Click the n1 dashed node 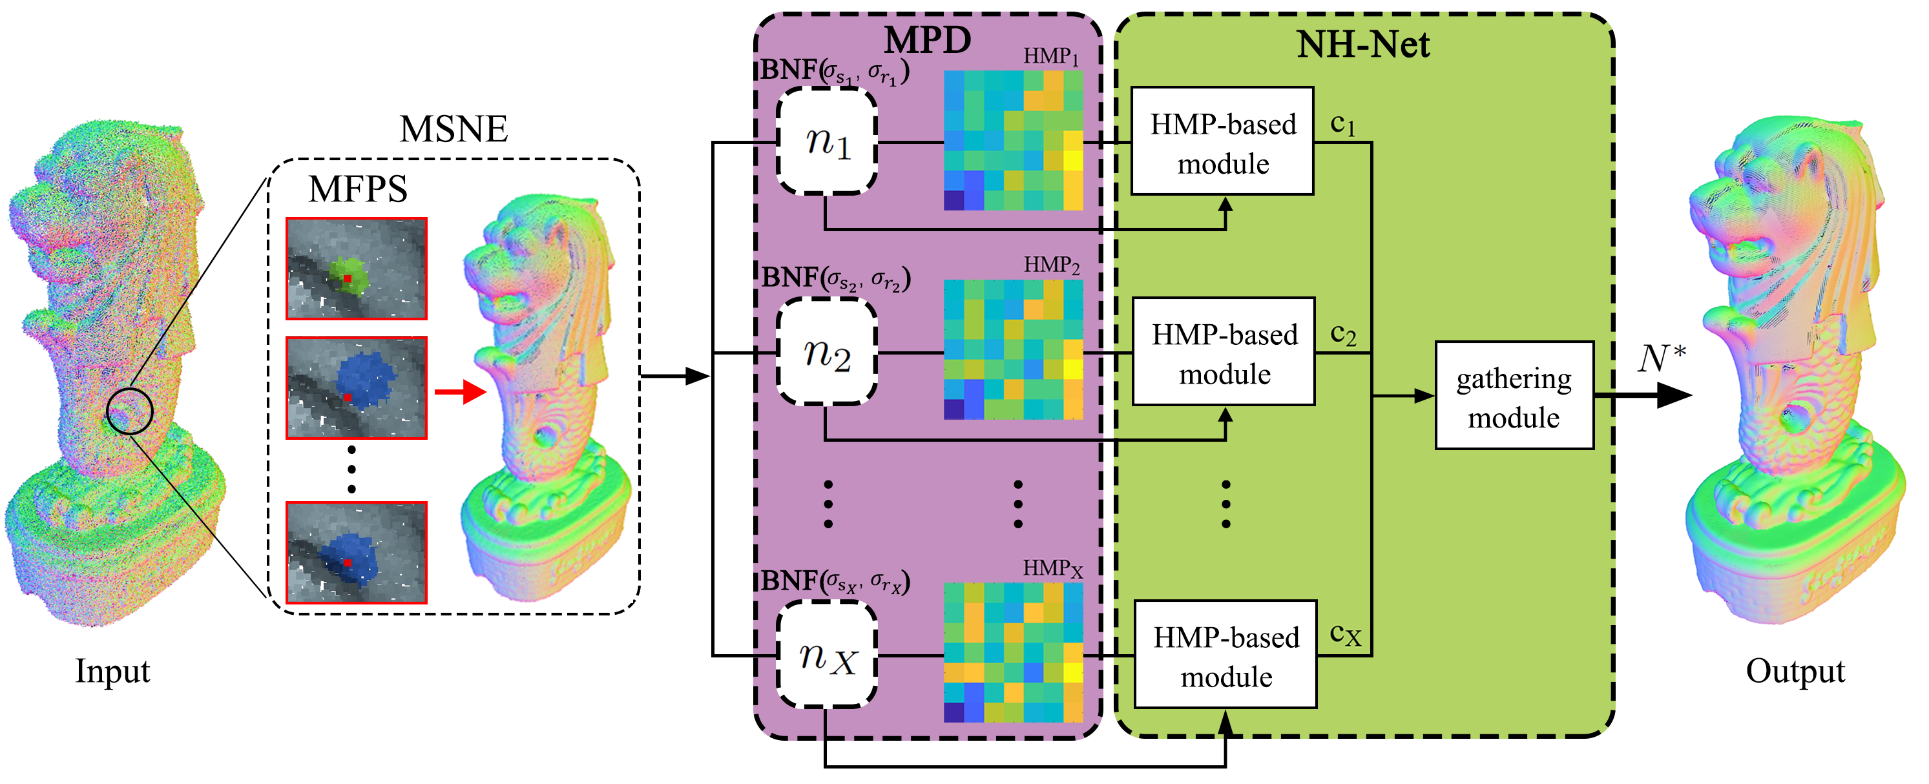[827, 141]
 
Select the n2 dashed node [827, 352]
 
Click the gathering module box [1514, 396]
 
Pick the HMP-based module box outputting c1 [1222, 141]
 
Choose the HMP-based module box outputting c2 [1224, 352]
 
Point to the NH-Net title [1363, 45]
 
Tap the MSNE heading [454, 130]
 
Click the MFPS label [358, 189]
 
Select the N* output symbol [1662, 358]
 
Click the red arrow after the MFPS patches [460, 391]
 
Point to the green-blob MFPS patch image [357, 269]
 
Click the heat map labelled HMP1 [1012, 141]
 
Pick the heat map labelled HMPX [1012, 652]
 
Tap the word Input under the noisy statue [112, 671]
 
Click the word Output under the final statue [1795, 671]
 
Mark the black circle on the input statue [130, 411]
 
